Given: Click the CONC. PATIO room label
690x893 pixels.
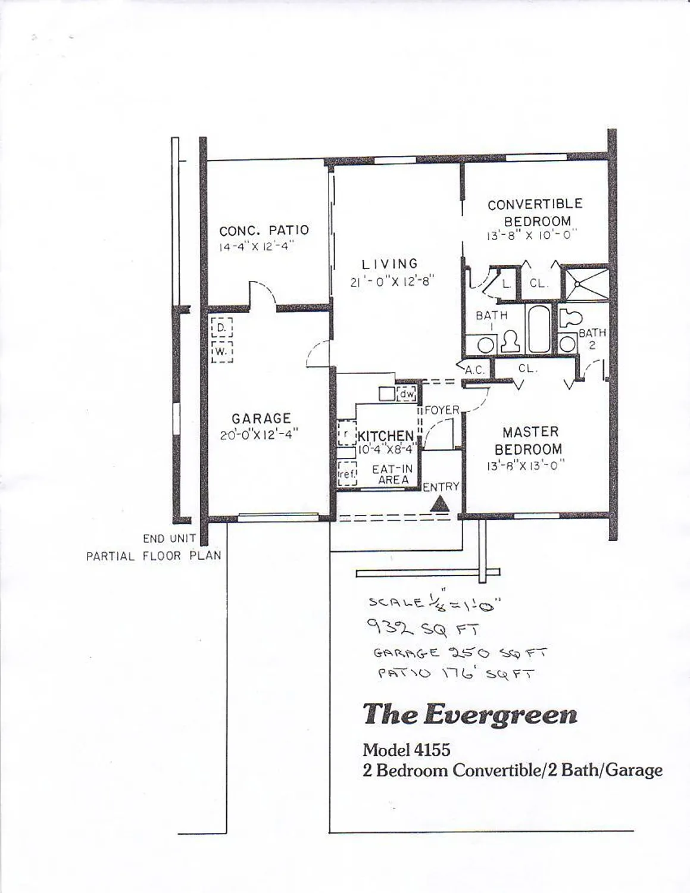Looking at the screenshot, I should [264, 230].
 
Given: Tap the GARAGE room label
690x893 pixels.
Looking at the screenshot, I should [261, 419].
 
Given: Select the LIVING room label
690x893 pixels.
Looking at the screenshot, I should [390, 264].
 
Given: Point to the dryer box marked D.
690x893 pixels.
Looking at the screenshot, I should [221, 328].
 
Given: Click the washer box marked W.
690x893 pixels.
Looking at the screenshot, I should [221, 352].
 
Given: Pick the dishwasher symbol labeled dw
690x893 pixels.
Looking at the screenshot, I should [407, 394].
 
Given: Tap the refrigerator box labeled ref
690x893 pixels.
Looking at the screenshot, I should [346, 474].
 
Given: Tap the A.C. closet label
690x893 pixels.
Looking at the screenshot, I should [474, 370].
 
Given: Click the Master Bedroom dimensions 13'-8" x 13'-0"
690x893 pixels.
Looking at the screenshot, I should [524, 466].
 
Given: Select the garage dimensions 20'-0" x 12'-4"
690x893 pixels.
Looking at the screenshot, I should [259, 435].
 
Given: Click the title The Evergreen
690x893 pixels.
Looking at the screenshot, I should [470, 714].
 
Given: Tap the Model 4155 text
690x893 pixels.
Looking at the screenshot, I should [407, 750].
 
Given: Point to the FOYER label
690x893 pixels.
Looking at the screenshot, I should [442, 410].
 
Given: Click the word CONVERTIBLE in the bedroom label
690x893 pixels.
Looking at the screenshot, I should [535, 204].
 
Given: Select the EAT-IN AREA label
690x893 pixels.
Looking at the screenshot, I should [392, 474].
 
